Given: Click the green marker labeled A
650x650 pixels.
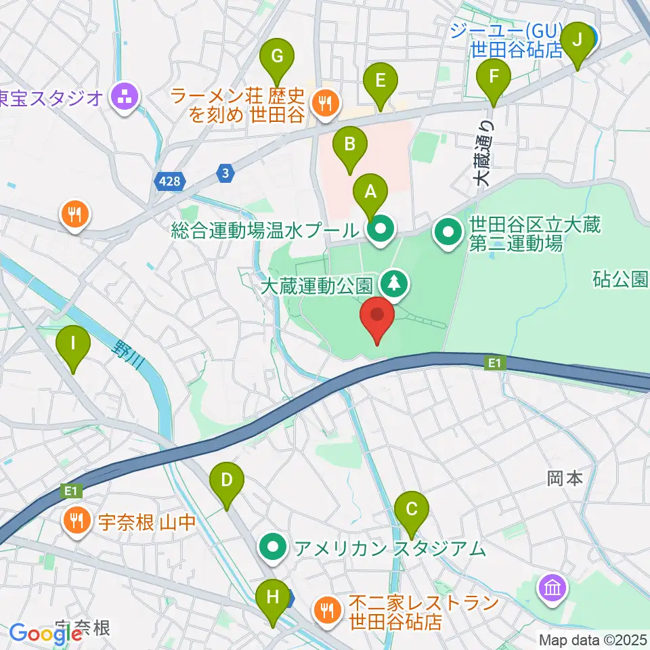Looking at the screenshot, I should pyautogui.click(x=370, y=193).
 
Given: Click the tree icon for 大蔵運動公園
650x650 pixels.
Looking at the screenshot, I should pyautogui.click(x=394, y=284).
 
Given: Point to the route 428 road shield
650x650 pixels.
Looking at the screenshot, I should pyautogui.click(x=171, y=181).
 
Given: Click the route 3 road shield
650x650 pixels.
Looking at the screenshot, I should pyautogui.click(x=225, y=174).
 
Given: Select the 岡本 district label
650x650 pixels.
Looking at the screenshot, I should pyautogui.click(x=565, y=478).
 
